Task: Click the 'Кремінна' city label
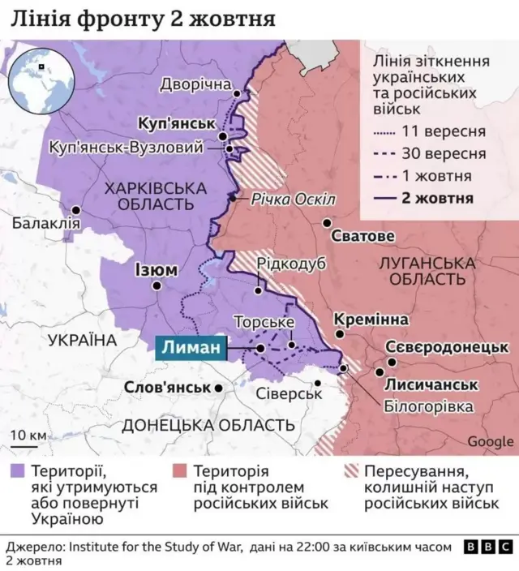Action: coord(371,320)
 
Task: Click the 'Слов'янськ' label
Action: coord(168,388)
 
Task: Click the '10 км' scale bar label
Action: coord(28,436)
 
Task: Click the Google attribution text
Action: coord(490,441)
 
